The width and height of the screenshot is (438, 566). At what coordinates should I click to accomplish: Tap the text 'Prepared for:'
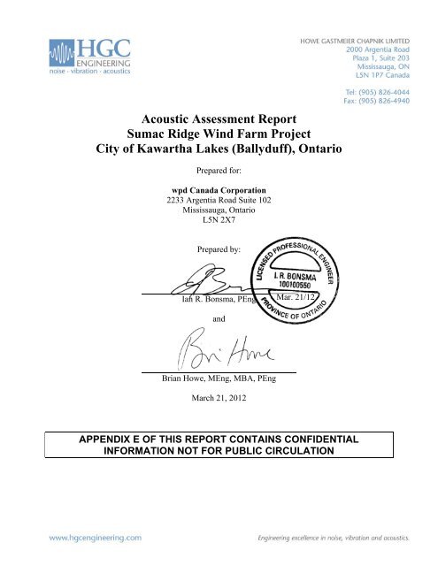coord(219,172)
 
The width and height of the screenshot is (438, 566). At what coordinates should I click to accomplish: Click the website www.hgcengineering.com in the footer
coord(97,536)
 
